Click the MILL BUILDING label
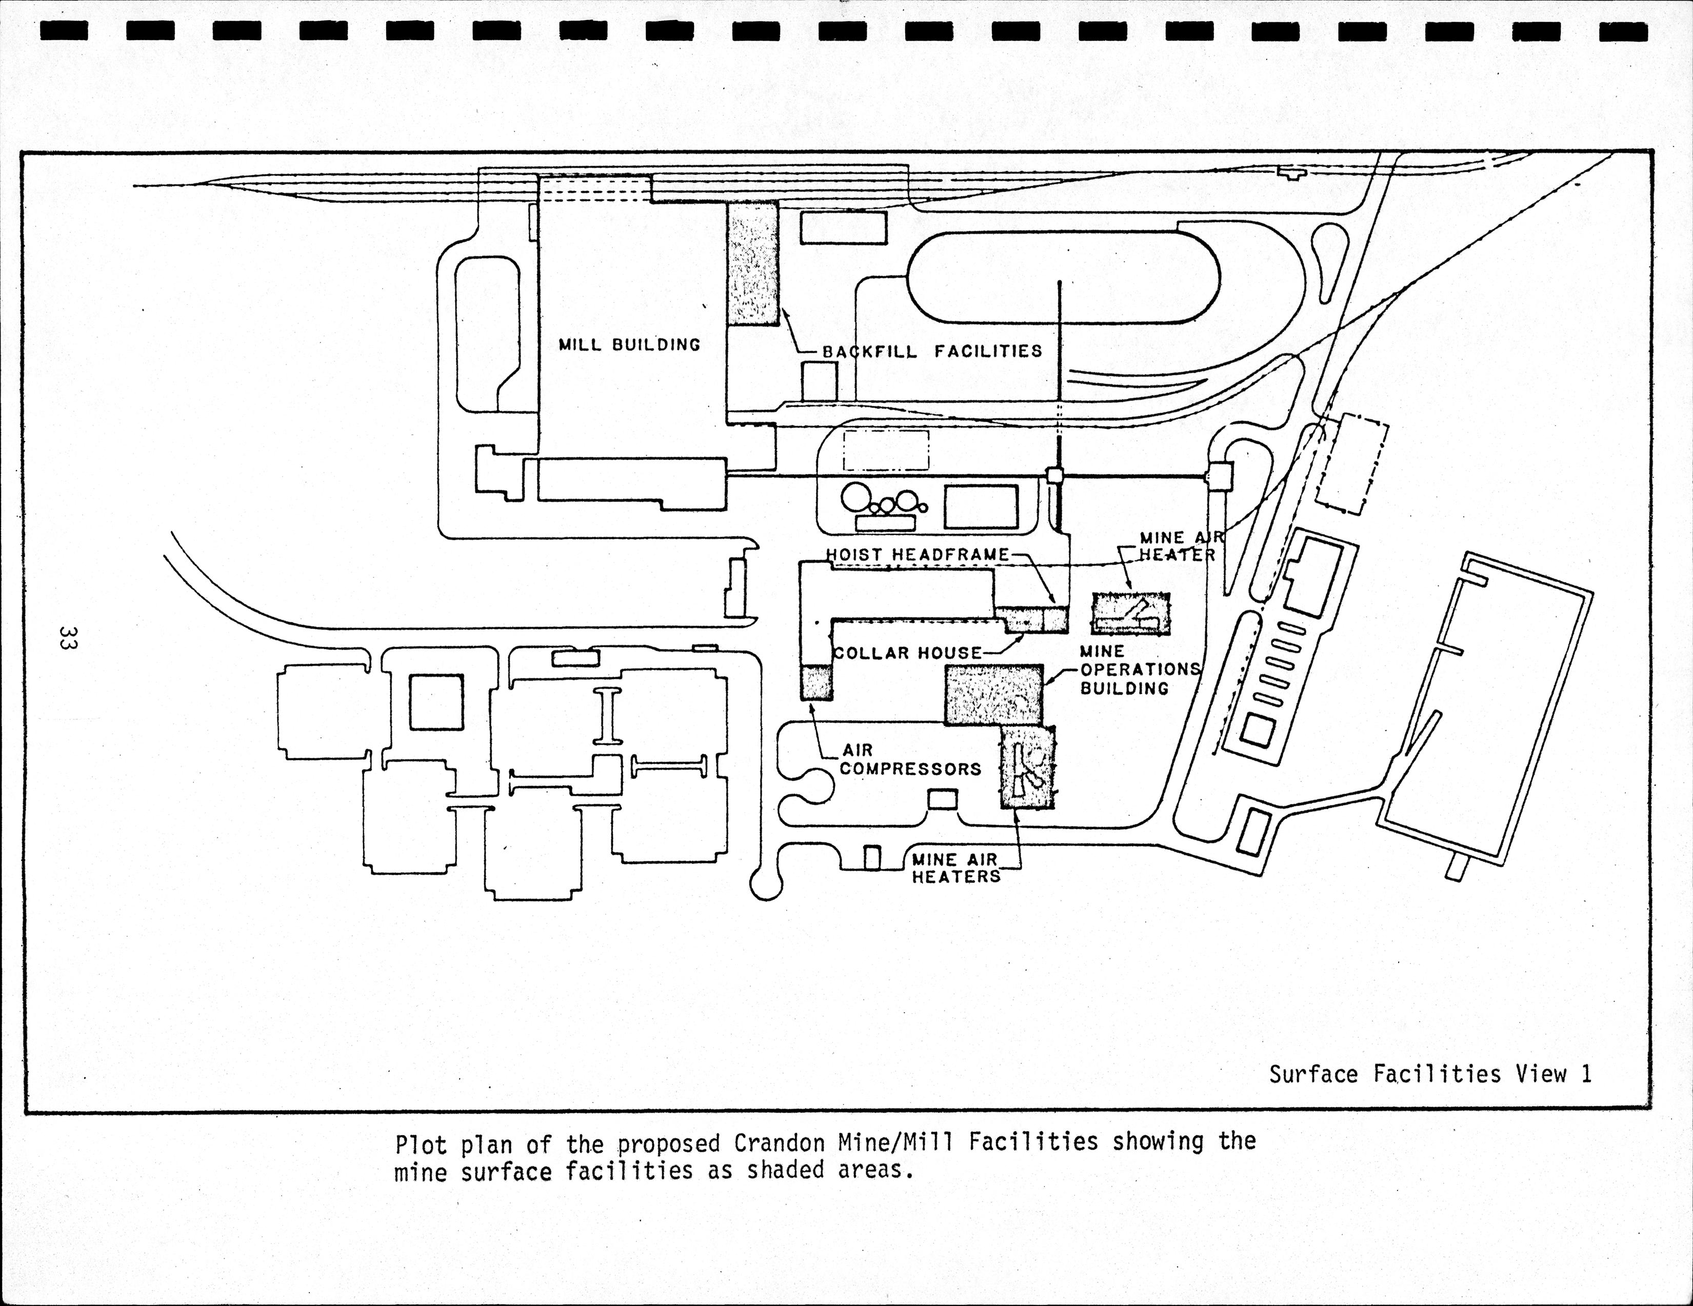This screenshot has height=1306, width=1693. click(629, 345)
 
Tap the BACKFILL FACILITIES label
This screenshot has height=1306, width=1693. click(932, 352)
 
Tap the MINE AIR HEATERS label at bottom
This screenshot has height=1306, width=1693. click(955, 868)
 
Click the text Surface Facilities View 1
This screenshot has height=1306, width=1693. click(1430, 1074)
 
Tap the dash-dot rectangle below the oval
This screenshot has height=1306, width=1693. click(886, 450)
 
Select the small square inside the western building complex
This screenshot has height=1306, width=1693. click(435, 701)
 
